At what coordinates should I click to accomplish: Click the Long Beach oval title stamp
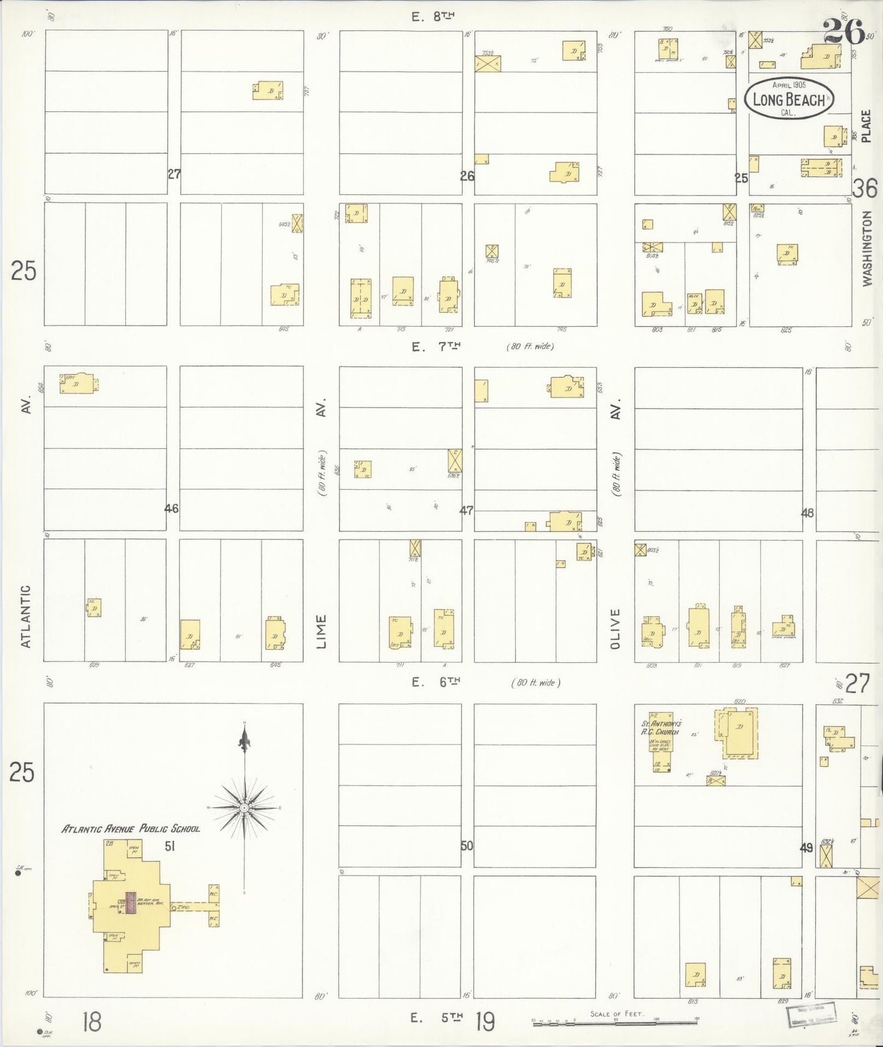[789, 98]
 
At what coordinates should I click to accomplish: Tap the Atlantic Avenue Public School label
[131, 829]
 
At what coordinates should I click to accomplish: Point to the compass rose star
[244, 808]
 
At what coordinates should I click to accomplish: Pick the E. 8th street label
[434, 17]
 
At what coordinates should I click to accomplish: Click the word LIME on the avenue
[322, 632]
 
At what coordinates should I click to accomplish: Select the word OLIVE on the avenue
[615, 629]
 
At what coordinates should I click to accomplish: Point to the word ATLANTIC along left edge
[25, 617]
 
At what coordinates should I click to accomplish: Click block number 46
[172, 508]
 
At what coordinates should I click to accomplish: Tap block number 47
[466, 510]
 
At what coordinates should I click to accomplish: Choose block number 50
[467, 846]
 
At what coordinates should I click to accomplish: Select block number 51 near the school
[170, 846]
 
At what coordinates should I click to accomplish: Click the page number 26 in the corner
[843, 31]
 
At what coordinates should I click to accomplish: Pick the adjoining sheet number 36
[865, 189]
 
